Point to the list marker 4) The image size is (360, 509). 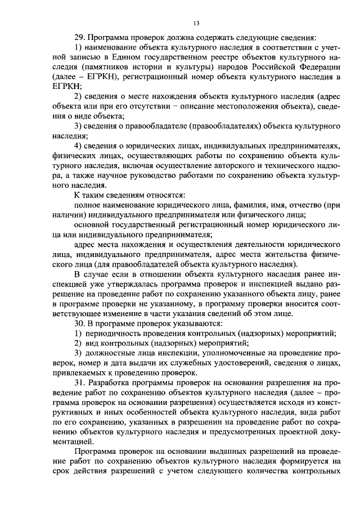(x=79, y=146)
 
